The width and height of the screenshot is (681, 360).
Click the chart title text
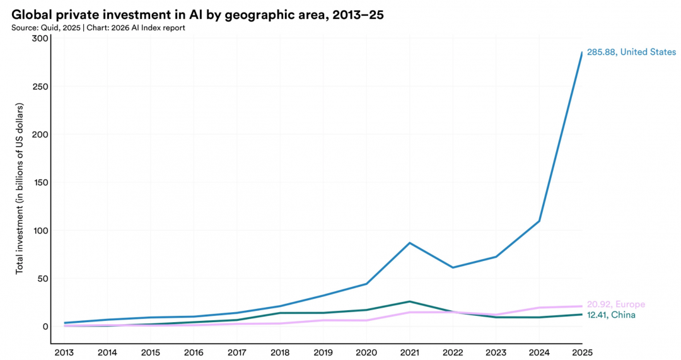tap(197, 15)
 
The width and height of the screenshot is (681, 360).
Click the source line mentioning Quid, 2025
tap(98, 28)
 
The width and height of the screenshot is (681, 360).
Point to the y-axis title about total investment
tap(19, 189)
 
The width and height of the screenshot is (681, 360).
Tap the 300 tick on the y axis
tap(40, 38)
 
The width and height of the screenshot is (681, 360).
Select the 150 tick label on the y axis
tap(40, 182)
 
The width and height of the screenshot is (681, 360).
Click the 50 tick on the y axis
tap(42, 279)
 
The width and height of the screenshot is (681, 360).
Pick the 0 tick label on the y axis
tap(45, 327)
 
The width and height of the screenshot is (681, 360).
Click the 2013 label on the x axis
tap(64, 352)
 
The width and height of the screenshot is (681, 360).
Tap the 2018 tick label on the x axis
tap(280, 352)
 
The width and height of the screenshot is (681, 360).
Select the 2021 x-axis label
tap(409, 352)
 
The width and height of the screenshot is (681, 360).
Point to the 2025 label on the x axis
tap(583, 352)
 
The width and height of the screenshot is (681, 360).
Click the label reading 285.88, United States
tap(631, 52)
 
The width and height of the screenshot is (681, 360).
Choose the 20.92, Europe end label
tap(616, 305)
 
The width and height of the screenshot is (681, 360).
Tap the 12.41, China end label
tap(611, 315)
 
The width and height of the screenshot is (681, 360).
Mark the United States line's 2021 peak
tap(410, 243)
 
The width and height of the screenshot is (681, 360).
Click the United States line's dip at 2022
tap(453, 267)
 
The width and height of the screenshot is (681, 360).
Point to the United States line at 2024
tap(539, 221)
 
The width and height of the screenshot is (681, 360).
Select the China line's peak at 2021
tap(410, 301)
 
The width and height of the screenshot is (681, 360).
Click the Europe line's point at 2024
tap(539, 308)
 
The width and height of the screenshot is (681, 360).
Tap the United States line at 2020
tap(366, 284)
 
